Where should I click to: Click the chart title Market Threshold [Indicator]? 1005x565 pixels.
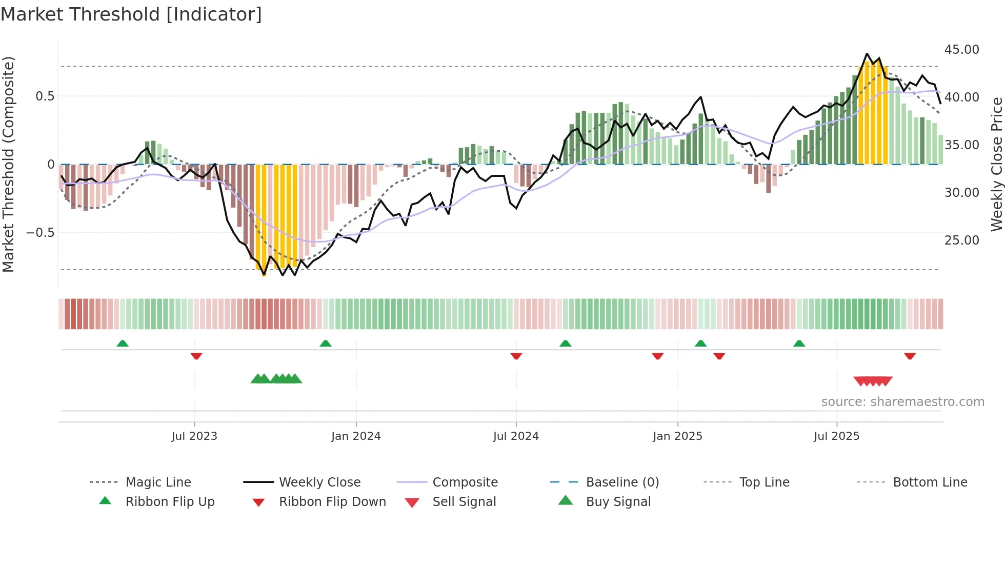[131, 14]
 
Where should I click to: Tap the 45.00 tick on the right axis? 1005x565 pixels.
[961, 50]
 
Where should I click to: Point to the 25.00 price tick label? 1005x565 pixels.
[961, 240]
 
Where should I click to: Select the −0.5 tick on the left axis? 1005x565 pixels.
[40, 233]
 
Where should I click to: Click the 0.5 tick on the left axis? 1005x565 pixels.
[45, 96]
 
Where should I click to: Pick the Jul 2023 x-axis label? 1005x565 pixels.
[194, 436]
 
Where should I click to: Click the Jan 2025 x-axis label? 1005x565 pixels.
[677, 436]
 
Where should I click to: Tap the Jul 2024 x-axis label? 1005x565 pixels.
[516, 436]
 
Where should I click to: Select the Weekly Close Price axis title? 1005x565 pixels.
[996, 164]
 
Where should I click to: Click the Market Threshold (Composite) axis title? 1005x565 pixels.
[8, 164]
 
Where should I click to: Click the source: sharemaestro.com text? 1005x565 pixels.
[902, 402]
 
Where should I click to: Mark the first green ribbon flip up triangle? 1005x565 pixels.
[123, 344]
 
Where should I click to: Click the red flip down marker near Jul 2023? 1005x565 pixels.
[196, 356]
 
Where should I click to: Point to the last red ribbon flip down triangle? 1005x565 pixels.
[910, 356]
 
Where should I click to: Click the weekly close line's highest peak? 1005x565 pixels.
[867, 54]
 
